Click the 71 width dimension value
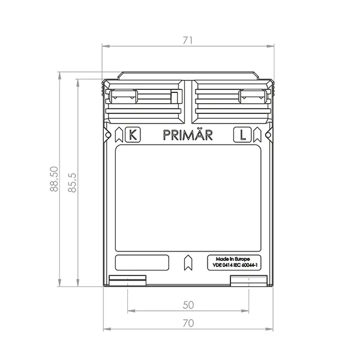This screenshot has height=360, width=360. pyautogui.click(x=187, y=41)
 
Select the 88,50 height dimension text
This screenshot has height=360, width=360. pyautogui.click(x=55, y=179)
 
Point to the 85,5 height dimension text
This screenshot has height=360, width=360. pyautogui.click(x=73, y=183)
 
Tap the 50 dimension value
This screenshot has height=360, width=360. pyautogui.click(x=188, y=305)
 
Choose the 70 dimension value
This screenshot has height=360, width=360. pyautogui.click(x=188, y=323)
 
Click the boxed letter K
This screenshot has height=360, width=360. pyautogui.click(x=133, y=135)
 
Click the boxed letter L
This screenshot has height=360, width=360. pyautogui.click(x=242, y=135)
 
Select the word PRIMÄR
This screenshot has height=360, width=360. pyautogui.click(x=187, y=136)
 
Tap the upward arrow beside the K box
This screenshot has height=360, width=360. pyautogui.click(x=119, y=134)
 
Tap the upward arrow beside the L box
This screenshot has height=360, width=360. pyautogui.click(x=256, y=134)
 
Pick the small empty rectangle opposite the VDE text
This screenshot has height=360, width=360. pyautogui.click(x=142, y=263)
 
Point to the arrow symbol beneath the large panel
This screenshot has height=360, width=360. pyautogui.click(x=187, y=262)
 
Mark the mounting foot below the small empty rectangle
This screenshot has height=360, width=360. pyautogui.click(x=128, y=280)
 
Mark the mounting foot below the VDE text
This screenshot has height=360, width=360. pyautogui.click(x=248, y=280)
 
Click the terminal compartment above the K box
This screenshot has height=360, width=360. pyautogui.click(x=144, y=100)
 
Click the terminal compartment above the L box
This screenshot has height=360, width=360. pyautogui.click(x=230, y=100)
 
